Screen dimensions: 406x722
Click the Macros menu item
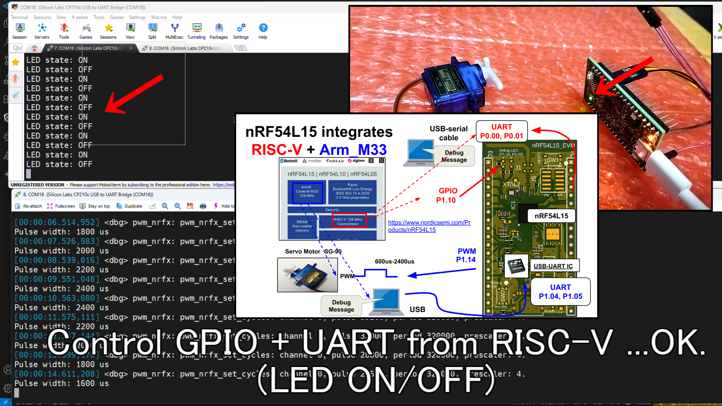click(159, 17)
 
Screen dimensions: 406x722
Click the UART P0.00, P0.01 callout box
click(502, 131)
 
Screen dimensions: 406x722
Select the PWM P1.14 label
click(466, 255)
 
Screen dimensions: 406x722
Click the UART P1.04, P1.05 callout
click(560, 292)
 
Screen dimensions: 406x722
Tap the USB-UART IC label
click(553, 266)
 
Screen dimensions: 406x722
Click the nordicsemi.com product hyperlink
click(429, 226)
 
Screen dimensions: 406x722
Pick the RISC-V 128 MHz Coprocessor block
click(348, 221)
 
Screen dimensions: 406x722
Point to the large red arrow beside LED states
click(133, 94)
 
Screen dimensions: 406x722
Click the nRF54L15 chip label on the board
click(551, 216)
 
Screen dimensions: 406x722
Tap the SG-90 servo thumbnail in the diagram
click(307, 275)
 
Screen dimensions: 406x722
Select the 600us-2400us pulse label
click(394, 262)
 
